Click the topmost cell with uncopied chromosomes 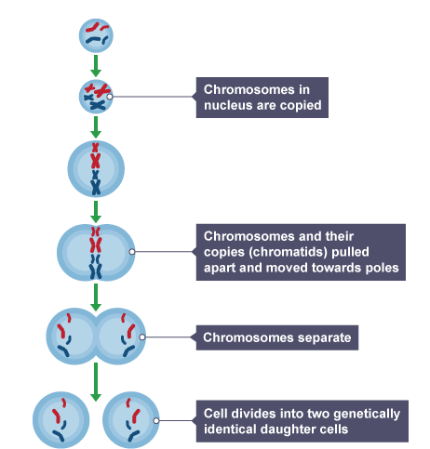point(95,36)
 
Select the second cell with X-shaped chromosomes point(95,96)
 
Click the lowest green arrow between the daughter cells point(95,382)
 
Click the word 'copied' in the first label point(299,106)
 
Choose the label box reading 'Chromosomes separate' point(276,337)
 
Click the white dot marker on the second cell point(111,96)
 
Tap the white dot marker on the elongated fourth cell point(132,251)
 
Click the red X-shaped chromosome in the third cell point(95,160)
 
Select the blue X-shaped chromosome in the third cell point(95,184)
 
